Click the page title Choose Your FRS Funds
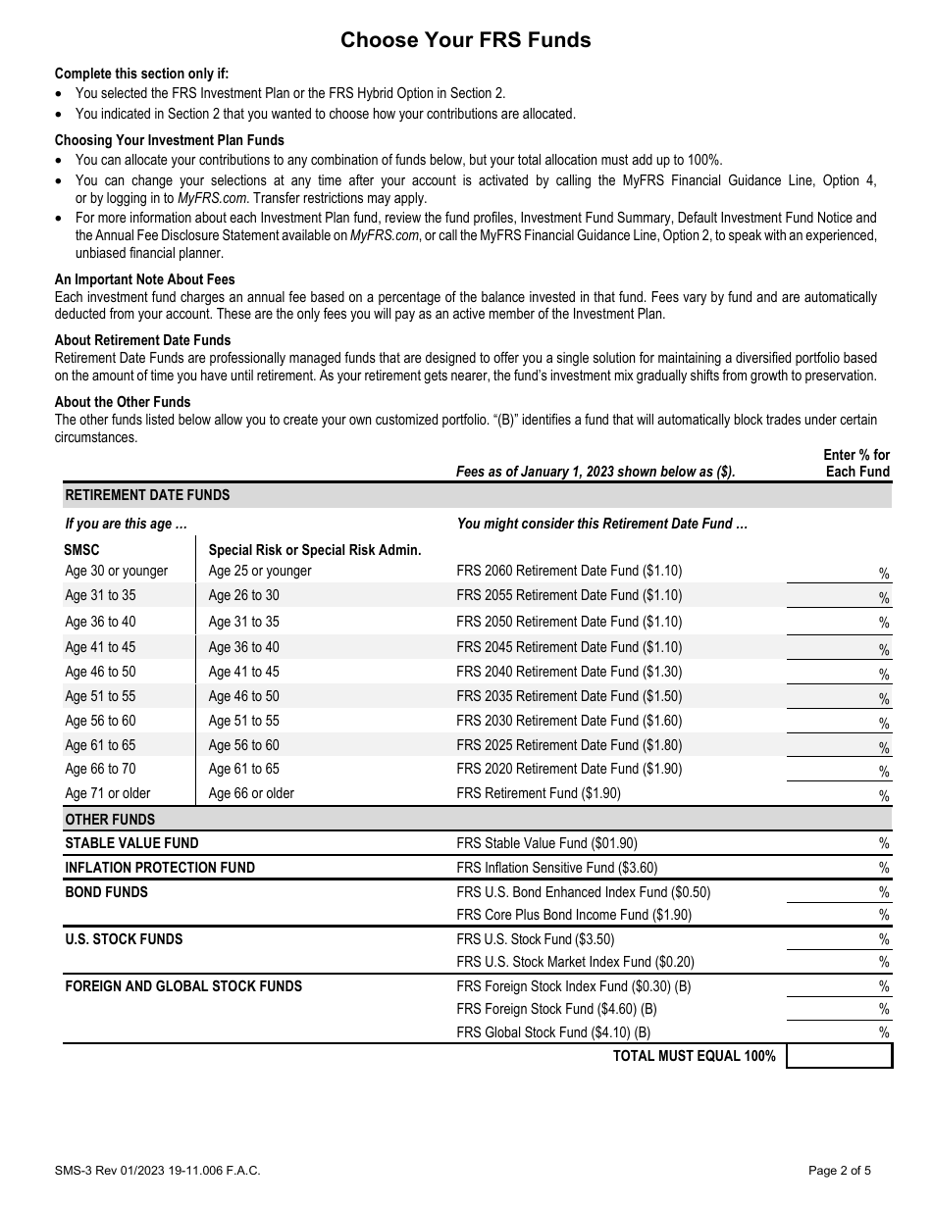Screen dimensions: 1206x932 coord(466,40)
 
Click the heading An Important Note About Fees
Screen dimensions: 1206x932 coord(144,279)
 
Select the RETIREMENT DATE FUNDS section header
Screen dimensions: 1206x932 coord(147,495)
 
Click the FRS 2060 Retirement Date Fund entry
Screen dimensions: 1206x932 coord(569,571)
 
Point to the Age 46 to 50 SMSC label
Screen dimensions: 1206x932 coord(100,672)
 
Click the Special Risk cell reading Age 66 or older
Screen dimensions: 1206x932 coord(251,793)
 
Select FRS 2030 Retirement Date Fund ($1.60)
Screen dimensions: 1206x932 coord(569,721)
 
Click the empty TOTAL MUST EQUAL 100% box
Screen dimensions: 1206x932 coord(839,1056)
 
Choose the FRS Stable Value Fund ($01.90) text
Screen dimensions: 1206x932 coord(546,843)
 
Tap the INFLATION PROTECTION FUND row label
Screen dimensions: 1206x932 coord(160,868)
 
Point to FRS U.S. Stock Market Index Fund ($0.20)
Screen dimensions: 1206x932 coord(575,962)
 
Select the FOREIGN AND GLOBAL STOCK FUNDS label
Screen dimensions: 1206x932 coord(183,986)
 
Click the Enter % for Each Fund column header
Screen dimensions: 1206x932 coord(855,463)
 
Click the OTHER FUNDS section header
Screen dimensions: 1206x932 coord(110,820)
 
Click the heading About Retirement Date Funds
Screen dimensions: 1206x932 coord(142,340)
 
